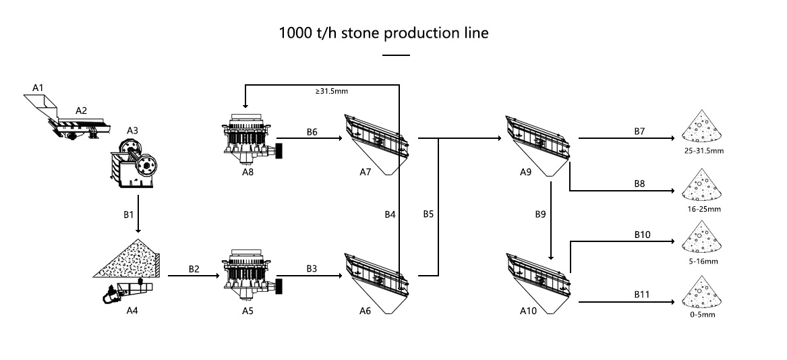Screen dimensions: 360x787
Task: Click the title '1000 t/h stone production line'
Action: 384,33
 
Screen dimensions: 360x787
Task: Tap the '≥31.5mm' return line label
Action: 332,91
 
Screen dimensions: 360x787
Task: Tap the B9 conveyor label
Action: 540,214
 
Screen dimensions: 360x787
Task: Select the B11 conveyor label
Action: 641,295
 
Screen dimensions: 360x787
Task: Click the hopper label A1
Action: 38,88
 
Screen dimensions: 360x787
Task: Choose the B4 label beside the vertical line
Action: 390,214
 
